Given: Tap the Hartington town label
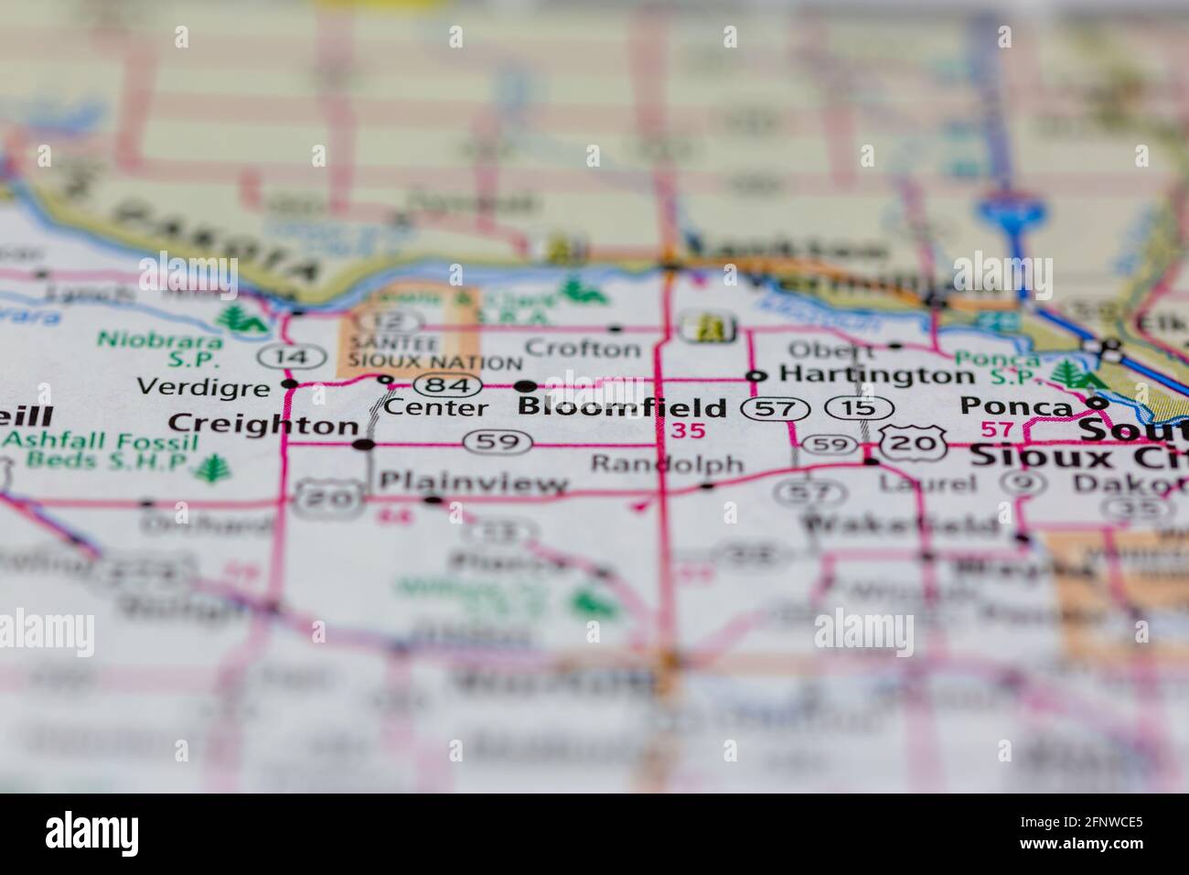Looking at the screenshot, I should pos(875,374).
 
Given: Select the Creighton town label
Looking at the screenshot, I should pos(264,424).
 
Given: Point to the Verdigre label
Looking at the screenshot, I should pos(203,387).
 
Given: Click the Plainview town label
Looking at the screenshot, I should pos(473,482).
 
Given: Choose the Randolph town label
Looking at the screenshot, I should pos(667,463).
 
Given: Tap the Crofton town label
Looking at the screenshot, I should pos(584,348).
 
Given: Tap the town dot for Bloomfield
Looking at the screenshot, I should pos(526,386).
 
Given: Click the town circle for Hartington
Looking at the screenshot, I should pos(755,375).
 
